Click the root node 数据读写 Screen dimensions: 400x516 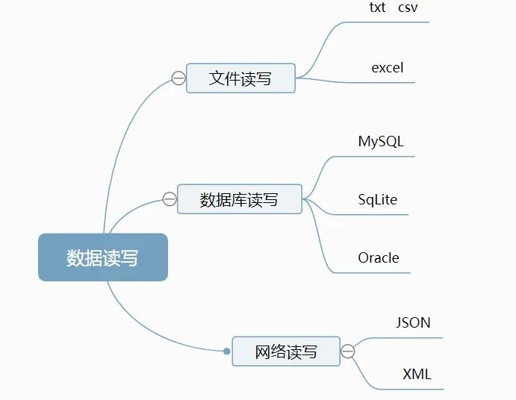pyautogui.click(x=102, y=257)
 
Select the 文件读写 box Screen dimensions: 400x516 pyautogui.click(x=240, y=78)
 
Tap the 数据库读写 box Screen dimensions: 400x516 pyautogui.click(x=239, y=199)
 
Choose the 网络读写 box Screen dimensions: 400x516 pyautogui.click(x=285, y=351)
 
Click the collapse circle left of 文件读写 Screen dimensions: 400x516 pyautogui.click(x=178, y=78)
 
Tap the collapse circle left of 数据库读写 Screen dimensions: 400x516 pyautogui.click(x=170, y=199)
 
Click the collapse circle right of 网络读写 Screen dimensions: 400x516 pyautogui.click(x=348, y=351)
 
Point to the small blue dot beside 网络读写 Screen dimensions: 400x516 pyautogui.click(x=227, y=351)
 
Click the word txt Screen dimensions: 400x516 pyautogui.click(x=378, y=7)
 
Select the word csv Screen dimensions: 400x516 pyautogui.click(x=408, y=7)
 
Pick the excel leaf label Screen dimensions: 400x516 pyautogui.click(x=388, y=68)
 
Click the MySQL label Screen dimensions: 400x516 pyautogui.click(x=381, y=141)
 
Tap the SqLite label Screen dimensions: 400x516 pyautogui.click(x=378, y=199)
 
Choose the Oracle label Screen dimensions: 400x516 pyautogui.click(x=379, y=257)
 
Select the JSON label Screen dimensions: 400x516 pyautogui.click(x=413, y=322)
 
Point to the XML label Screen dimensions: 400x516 pyautogui.click(x=417, y=374)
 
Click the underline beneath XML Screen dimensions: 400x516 pyautogui.click(x=414, y=389)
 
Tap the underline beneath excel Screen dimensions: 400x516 pyautogui.click(x=385, y=82)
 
